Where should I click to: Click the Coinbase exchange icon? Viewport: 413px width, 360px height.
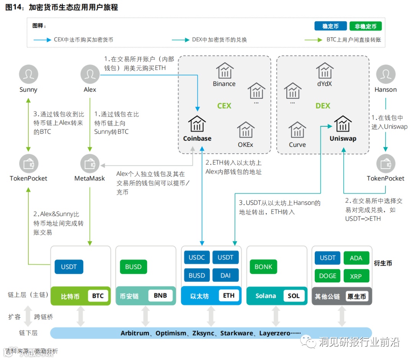pos(197,124)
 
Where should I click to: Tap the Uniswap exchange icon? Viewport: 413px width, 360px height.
pos(343,124)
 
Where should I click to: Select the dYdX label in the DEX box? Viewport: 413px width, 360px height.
pos(324,84)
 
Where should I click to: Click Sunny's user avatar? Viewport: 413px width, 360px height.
pos(29,74)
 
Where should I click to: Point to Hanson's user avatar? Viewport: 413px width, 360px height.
pos(385,74)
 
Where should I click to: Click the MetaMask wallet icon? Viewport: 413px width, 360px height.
pos(90,163)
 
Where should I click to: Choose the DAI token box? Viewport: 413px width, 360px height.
pos(226,275)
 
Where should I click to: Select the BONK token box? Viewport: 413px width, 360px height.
pos(263,267)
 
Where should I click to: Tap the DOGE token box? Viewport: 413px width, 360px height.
pos(328,276)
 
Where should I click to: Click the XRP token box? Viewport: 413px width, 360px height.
pos(356,276)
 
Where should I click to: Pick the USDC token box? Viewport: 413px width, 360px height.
pos(197,258)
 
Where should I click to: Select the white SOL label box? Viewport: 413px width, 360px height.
pos(294,296)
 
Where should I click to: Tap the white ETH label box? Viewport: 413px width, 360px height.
pos(229,296)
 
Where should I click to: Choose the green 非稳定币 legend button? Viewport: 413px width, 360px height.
pos(366,26)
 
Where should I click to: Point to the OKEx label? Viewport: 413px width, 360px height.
pos(246,145)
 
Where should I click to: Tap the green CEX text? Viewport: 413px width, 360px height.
pos(224,106)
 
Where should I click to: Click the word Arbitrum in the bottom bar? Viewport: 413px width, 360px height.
pos(135,333)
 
